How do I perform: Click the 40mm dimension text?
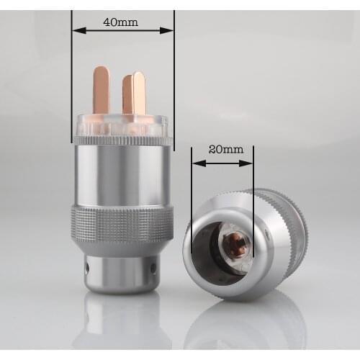[x=121, y=22]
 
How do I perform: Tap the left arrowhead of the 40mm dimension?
[x=77, y=30]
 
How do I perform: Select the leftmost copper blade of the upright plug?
[x=102, y=90]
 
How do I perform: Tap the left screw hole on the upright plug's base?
[x=89, y=268]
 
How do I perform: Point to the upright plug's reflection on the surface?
[x=121, y=324]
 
